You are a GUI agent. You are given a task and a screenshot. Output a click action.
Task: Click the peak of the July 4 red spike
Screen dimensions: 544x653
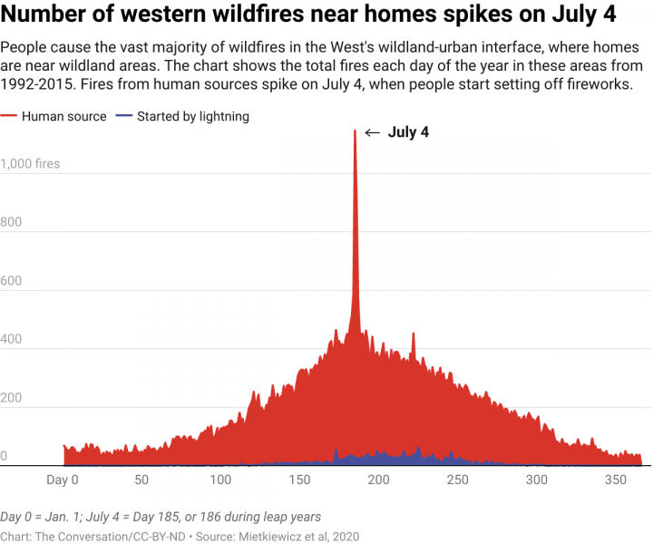coord(355,131)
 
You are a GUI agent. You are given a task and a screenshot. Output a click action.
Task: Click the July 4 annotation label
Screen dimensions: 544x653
coord(408,132)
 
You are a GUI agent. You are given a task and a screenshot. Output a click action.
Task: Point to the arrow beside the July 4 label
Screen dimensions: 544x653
coord(372,132)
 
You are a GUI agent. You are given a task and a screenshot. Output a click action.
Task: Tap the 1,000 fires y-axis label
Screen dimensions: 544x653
coord(31,164)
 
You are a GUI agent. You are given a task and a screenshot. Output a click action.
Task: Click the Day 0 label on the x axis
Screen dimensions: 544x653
coord(63,480)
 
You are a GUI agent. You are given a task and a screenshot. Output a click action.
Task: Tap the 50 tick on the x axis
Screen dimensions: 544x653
coord(141,480)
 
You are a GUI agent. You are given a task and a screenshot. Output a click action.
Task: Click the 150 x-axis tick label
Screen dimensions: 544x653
coord(299,480)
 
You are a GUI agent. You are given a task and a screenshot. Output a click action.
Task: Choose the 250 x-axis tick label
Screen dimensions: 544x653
coord(458,480)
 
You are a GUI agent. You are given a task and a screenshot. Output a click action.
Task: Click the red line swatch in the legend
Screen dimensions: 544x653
coord(8,117)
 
